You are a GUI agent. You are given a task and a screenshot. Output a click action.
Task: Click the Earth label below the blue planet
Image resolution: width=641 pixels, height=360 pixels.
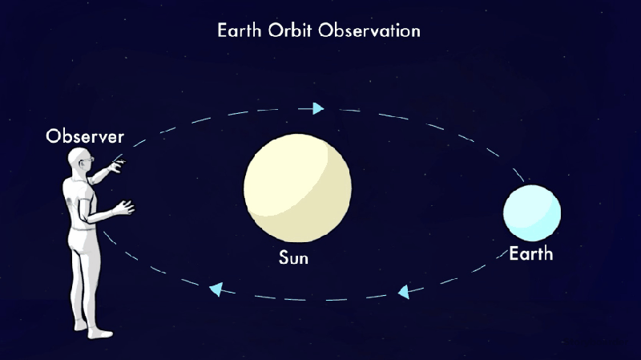[531, 254]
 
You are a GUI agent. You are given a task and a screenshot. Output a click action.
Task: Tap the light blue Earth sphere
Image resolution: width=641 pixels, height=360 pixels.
[531, 212]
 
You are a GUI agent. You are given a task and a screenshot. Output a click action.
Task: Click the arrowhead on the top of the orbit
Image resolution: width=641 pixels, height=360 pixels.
[319, 108]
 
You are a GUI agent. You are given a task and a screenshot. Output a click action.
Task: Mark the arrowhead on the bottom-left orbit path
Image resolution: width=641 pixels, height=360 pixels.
[216, 287]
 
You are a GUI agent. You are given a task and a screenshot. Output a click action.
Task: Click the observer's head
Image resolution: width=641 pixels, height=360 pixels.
[79, 160]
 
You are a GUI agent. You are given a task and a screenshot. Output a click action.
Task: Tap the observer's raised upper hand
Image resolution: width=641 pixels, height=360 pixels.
[117, 166]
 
